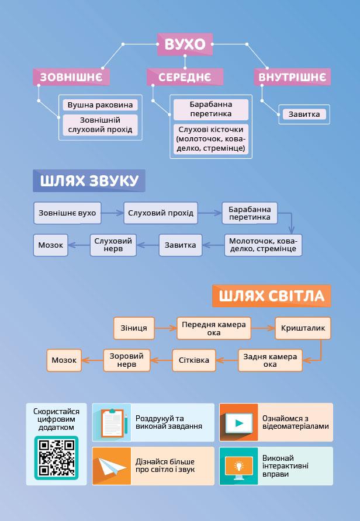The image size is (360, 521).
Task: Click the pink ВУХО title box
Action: (x=185, y=44)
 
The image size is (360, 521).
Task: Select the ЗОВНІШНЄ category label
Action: (x=71, y=77)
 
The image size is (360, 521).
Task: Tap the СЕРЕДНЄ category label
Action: (x=185, y=77)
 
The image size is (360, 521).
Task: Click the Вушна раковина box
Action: (x=100, y=105)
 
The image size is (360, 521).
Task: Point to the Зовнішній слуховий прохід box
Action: (x=100, y=125)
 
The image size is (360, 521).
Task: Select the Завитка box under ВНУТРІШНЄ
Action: (x=304, y=114)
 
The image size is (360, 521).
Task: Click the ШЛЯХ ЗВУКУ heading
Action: (x=89, y=181)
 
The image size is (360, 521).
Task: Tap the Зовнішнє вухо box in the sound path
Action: (x=67, y=213)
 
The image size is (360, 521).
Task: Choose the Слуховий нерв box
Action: (x=113, y=245)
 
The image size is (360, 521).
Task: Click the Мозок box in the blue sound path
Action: (x=51, y=245)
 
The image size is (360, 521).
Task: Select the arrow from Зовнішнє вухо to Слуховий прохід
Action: (x=112, y=213)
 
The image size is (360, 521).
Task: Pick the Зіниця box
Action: (x=134, y=328)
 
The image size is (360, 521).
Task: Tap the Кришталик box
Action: (x=303, y=328)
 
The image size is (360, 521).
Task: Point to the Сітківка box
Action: (x=194, y=360)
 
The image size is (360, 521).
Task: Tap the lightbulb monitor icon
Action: (x=238, y=466)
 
